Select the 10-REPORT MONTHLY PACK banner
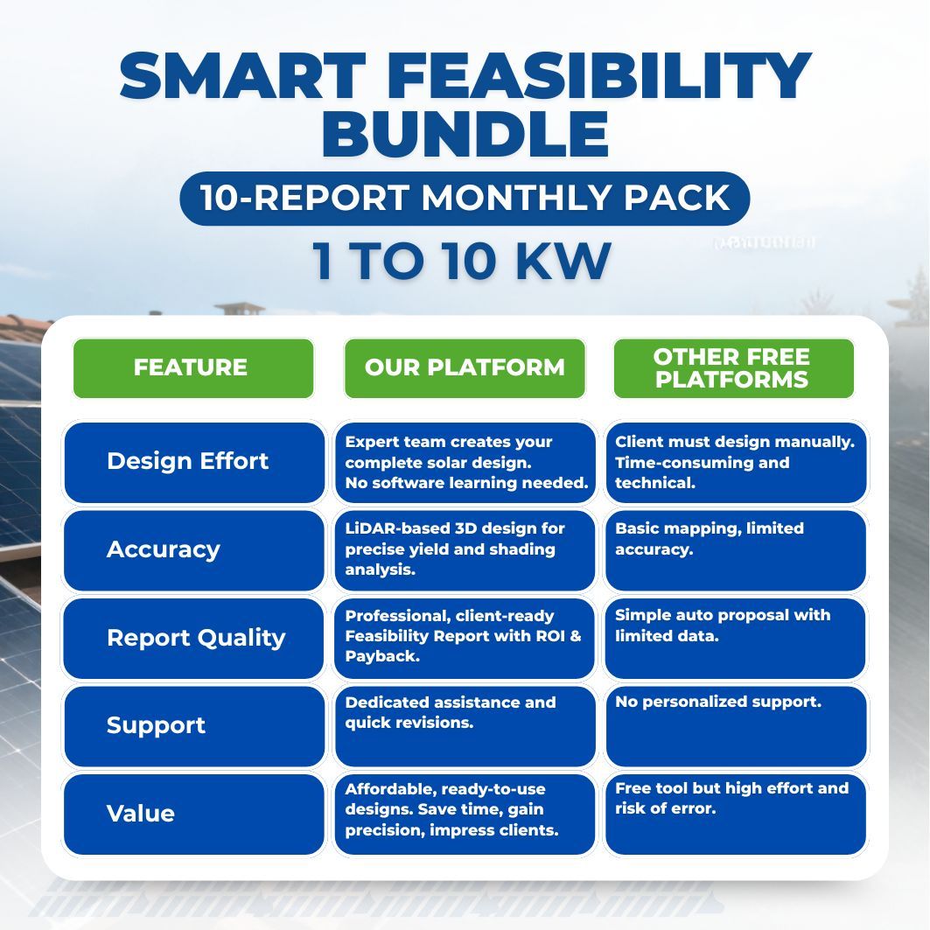click(x=465, y=199)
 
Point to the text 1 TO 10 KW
click(x=462, y=261)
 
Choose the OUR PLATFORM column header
click(x=465, y=368)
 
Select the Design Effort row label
click(x=187, y=462)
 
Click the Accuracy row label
click(x=164, y=550)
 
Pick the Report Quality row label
click(x=196, y=638)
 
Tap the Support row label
click(x=156, y=725)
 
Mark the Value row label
click(x=141, y=814)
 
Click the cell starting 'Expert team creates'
click(x=465, y=463)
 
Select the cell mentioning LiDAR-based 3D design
click(x=465, y=549)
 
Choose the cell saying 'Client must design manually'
click(x=735, y=463)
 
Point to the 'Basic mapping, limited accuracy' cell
click(x=735, y=549)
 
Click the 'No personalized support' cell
click(x=735, y=725)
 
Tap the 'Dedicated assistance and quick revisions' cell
click(x=465, y=725)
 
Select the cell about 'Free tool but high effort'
click(x=735, y=814)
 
